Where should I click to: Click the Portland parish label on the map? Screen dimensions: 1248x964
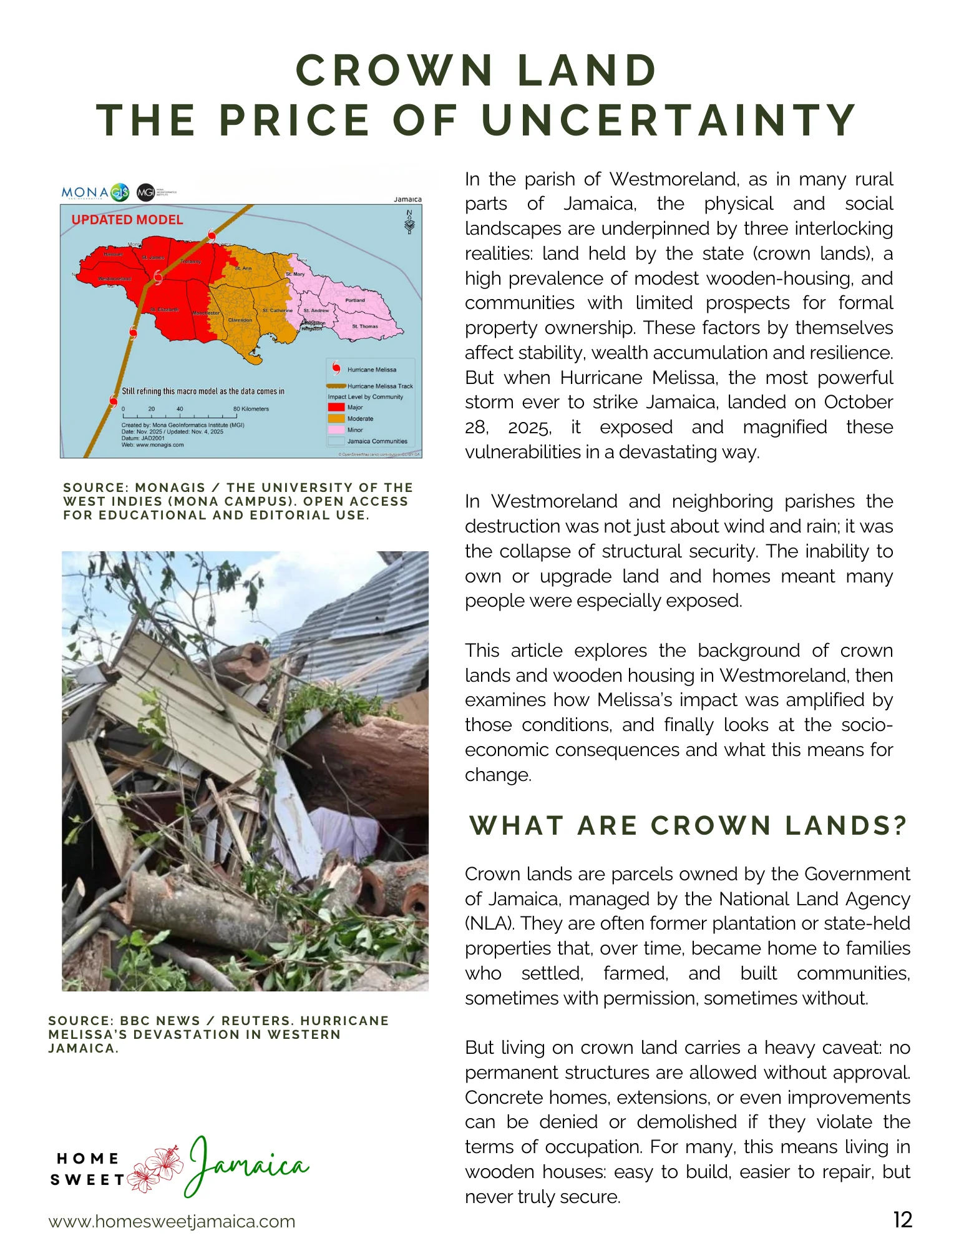355,300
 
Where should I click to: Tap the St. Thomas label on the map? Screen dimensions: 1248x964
365,327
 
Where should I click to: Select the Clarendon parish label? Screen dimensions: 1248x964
240,320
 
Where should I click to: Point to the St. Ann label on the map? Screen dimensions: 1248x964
243,268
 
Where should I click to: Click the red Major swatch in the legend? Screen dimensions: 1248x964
336,408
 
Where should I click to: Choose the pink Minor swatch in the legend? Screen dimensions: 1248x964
336,430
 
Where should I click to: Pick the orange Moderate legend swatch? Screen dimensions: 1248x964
336,419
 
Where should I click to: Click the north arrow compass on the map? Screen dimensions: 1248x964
409,222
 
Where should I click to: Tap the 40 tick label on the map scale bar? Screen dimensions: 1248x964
180,410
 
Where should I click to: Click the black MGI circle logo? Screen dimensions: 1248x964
145,192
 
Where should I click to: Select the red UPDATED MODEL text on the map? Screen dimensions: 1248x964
127,220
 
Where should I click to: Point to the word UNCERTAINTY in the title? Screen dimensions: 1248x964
669,120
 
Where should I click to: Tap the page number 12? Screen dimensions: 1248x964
902,1219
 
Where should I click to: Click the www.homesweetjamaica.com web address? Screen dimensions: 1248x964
172,1221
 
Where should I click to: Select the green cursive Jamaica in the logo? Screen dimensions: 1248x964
246,1165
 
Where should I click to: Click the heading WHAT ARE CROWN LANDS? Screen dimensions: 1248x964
688,825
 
